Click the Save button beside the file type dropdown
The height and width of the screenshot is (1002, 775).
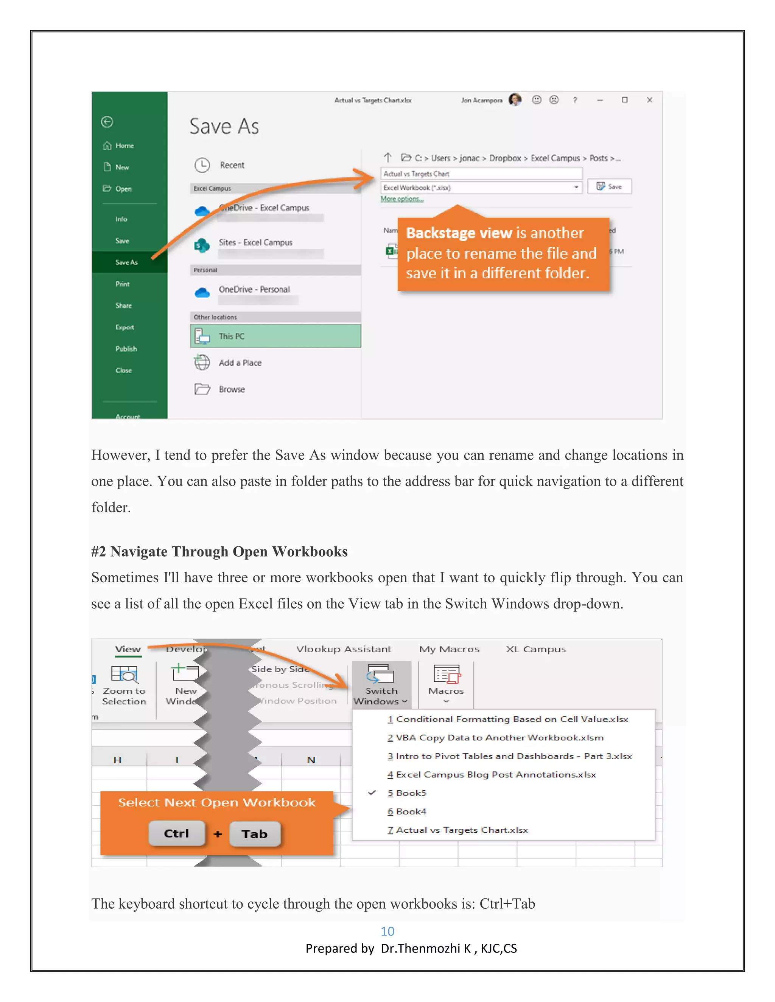[609, 186]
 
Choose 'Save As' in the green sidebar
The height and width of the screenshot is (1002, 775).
[126, 262]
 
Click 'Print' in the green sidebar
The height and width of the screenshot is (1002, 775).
[123, 284]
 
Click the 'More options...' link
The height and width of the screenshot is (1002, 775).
[402, 199]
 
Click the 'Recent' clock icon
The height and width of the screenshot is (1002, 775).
[202, 165]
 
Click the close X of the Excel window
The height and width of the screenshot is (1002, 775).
[649, 100]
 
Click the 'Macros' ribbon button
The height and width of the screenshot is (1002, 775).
[446, 684]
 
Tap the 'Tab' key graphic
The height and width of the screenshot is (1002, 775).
[255, 834]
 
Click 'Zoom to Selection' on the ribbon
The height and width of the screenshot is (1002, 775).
[124, 686]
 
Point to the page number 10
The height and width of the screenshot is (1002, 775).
[387, 931]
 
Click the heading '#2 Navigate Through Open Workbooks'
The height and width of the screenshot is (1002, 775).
[219, 551]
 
